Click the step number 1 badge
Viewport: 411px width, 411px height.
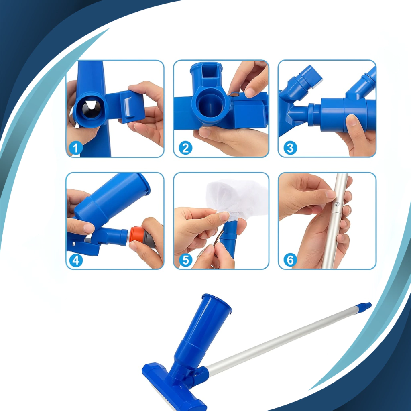pos(76,149)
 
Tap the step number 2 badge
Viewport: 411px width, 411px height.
pos(185,148)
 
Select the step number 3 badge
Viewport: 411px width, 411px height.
pos(290,148)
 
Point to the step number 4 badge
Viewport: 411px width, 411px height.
pos(76,260)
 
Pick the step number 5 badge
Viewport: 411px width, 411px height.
pos(185,260)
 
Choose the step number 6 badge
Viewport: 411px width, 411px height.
pos(290,260)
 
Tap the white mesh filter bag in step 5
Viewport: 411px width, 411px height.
pos(234,198)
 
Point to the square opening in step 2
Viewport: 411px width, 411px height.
pos(209,72)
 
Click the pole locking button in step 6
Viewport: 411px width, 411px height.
pos(337,203)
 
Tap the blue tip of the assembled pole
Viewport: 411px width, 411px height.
pos(364,306)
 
